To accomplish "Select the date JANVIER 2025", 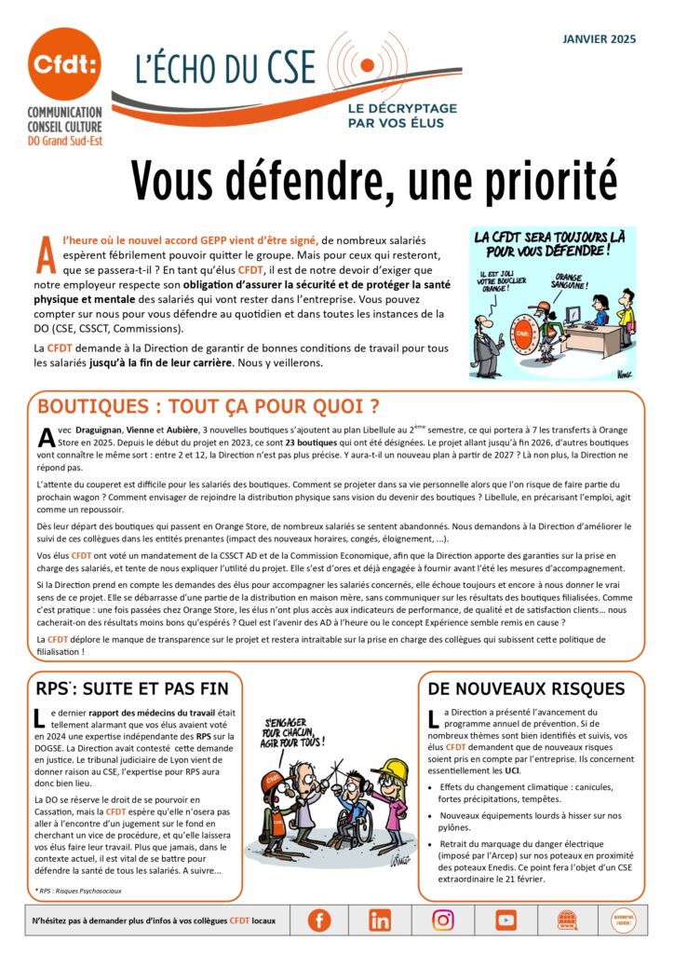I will [x=599, y=38].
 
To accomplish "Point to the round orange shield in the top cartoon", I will [x=526, y=332].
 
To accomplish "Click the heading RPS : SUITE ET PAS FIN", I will [x=130, y=689].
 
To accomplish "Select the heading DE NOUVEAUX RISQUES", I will [x=526, y=689].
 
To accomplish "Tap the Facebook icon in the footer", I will [x=318, y=920].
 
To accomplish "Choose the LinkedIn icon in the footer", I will [x=380, y=920].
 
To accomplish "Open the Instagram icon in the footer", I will [x=443, y=920].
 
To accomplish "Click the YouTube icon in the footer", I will [x=505, y=920].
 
